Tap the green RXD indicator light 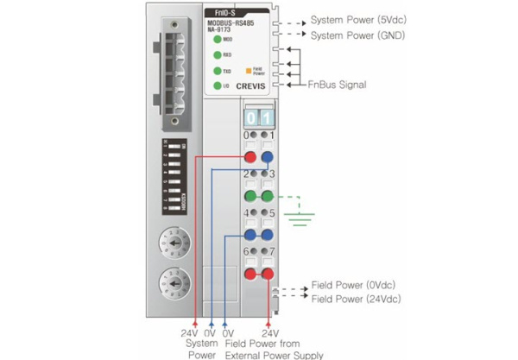click(x=218, y=54)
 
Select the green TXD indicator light click(x=218, y=71)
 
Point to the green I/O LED click(x=218, y=86)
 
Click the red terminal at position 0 click(x=250, y=158)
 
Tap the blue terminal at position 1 click(x=268, y=158)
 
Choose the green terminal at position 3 click(x=268, y=196)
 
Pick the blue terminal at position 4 click(x=250, y=235)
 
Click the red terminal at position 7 click(x=268, y=274)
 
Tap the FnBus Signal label click(x=338, y=85)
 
